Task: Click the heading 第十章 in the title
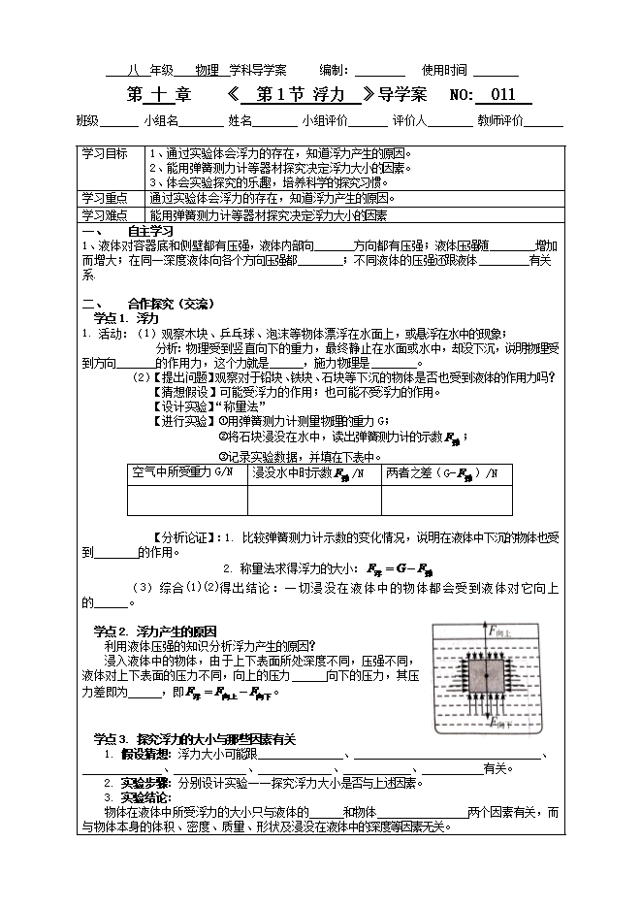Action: (x=160, y=95)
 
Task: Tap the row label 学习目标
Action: (x=104, y=153)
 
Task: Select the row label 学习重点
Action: (x=104, y=197)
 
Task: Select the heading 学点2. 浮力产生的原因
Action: (x=155, y=632)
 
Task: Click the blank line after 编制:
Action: (x=380, y=71)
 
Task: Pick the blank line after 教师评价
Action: (x=544, y=122)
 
